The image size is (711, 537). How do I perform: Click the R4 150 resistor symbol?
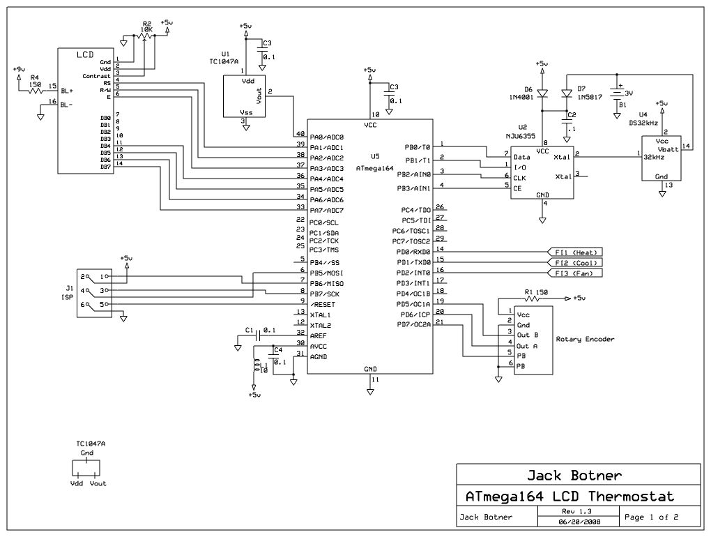(33, 91)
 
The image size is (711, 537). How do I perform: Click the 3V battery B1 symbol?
(617, 92)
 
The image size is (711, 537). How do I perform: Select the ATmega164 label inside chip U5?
(375, 168)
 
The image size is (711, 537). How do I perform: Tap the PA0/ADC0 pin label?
(326, 137)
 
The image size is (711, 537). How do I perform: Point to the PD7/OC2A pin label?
(413, 325)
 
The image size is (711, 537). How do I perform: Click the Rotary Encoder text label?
(585, 340)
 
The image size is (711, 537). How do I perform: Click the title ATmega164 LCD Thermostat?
(569, 497)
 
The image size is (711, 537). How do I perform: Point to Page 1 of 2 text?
(652, 517)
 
